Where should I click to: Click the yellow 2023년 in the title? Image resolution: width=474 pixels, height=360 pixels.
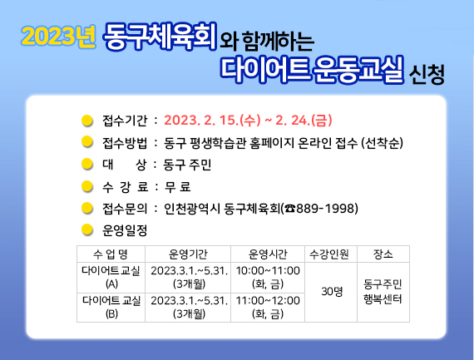[x=58, y=37]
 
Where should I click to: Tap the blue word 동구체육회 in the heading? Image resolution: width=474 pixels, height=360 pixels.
[x=160, y=37]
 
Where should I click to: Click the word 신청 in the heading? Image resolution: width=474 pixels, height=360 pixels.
[x=427, y=74]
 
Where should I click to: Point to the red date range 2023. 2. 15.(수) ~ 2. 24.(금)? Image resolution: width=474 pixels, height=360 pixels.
[x=248, y=121]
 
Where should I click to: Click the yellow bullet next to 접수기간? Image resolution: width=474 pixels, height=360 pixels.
[x=87, y=121]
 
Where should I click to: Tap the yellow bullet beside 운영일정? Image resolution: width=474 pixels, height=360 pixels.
[x=87, y=229]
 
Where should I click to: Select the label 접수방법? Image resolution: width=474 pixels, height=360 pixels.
[x=125, y=143]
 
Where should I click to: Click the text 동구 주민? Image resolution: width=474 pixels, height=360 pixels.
[x=187, y=165]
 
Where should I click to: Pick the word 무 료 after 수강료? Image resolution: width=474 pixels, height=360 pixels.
[x=177, y=187]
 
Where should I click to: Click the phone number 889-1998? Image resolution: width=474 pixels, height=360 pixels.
[x=327, y=209]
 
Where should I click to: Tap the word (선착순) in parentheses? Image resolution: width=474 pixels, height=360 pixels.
[x=383, y=143]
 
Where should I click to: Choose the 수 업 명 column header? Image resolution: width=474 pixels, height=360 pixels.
[x=111, y=254]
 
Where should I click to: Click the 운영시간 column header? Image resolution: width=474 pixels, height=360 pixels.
[x=268, y=254]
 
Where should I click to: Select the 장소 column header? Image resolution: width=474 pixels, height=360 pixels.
[x=383, y=254]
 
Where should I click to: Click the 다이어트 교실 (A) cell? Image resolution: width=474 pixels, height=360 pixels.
[x=111, y=277]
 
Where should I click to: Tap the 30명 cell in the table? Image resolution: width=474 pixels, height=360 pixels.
[x=332, y=292]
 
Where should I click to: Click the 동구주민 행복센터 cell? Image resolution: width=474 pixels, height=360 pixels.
[x=383, y=292]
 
